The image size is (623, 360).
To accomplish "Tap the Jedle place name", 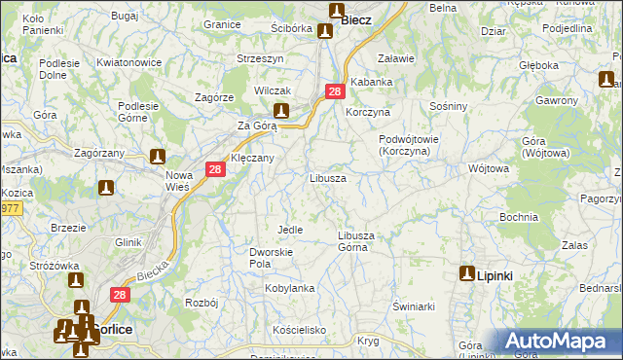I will [290, 230].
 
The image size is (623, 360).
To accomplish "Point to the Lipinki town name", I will [495, 276].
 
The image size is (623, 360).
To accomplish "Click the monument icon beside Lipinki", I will [467, 275].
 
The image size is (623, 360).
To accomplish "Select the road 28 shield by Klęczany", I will [216, 169].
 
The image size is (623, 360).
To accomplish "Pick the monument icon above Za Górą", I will [281, 111].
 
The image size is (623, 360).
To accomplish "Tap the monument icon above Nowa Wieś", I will [158, 156].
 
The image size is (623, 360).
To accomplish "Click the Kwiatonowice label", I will [128, 63].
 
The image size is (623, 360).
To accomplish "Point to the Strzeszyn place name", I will [260, 58].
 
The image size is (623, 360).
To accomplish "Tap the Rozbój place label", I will [201, 303].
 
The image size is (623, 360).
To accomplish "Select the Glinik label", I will [128, 242].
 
